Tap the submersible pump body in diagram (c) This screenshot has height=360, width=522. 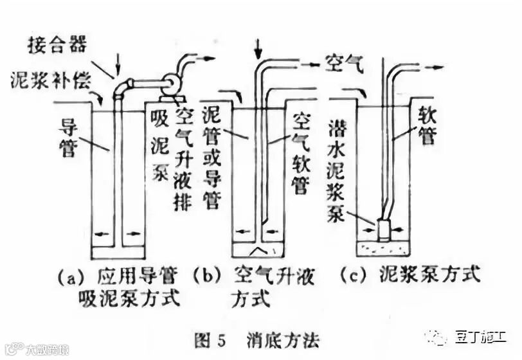(384, 230)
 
